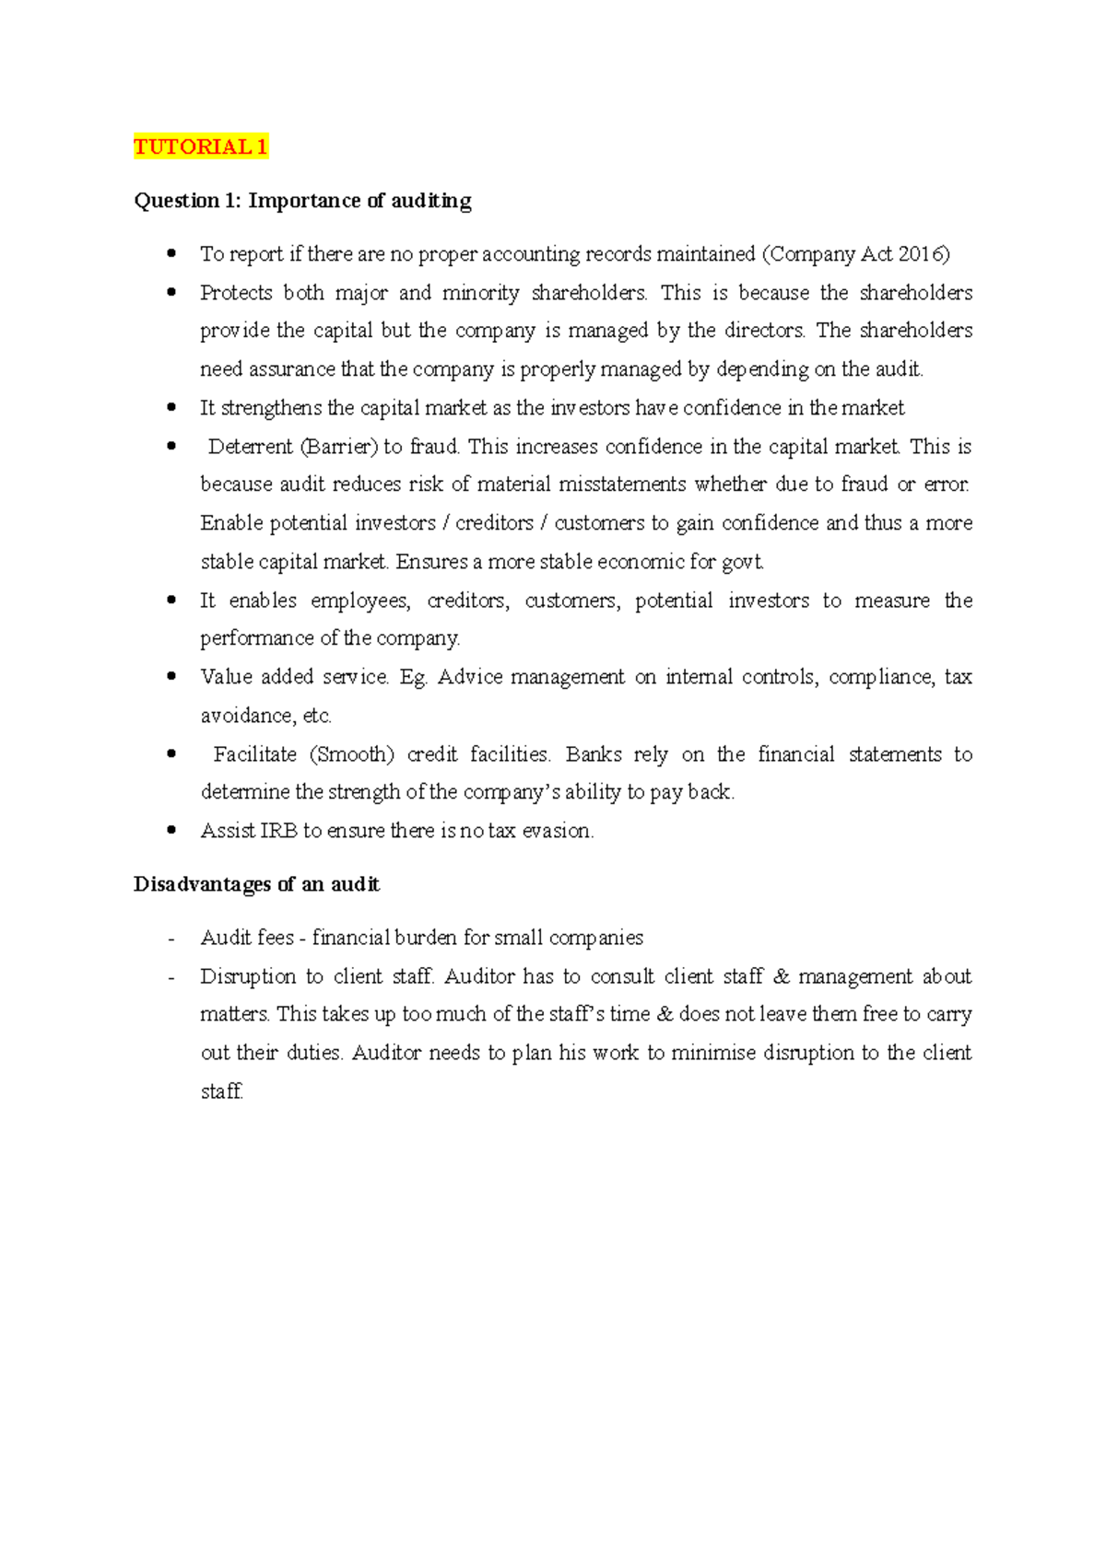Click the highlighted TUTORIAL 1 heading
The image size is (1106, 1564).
click(x=201, y=146)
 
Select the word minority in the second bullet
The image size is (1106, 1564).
click(x=480, y=293)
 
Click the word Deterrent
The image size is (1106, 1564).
click(x=250, y=447)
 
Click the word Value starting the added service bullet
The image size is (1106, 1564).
click(x=224, y=677)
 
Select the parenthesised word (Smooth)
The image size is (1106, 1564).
click(x=352, y=754)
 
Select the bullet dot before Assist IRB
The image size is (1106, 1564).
click(x=171, y=830)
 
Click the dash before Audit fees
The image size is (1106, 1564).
click(x=171, y=939)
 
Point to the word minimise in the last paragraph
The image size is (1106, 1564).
click(x=712, y=1053)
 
